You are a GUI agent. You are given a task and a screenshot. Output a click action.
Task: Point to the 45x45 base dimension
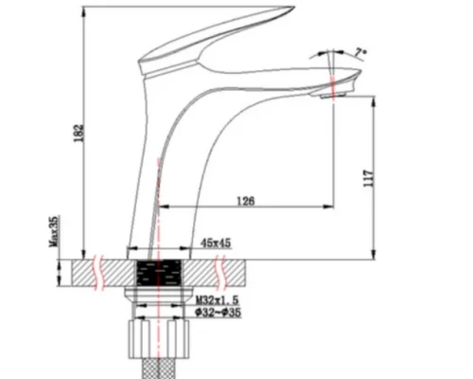[217, 244]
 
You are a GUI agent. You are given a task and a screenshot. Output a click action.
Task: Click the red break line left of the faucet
[97, 273]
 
